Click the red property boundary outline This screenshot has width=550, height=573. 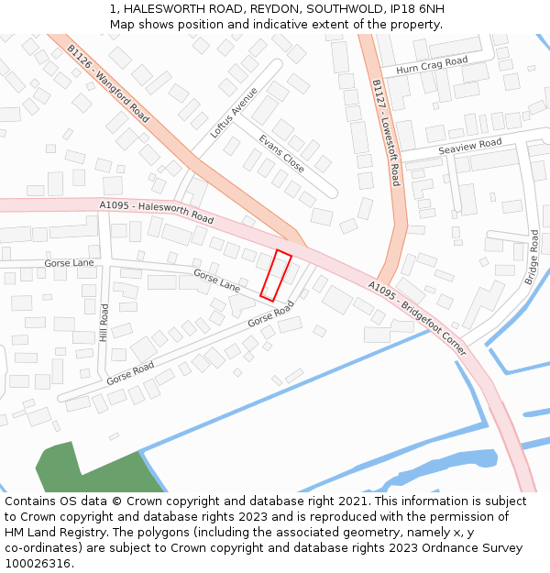(276, 275)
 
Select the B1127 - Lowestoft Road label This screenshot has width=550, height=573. (386, 132)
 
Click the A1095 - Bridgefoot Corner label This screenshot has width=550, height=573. (417, 318)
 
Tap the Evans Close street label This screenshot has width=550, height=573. (280, 153)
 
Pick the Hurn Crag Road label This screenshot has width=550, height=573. (432, 66)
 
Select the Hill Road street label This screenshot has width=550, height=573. (104, 323)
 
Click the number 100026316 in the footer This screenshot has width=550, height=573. (38, 564)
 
